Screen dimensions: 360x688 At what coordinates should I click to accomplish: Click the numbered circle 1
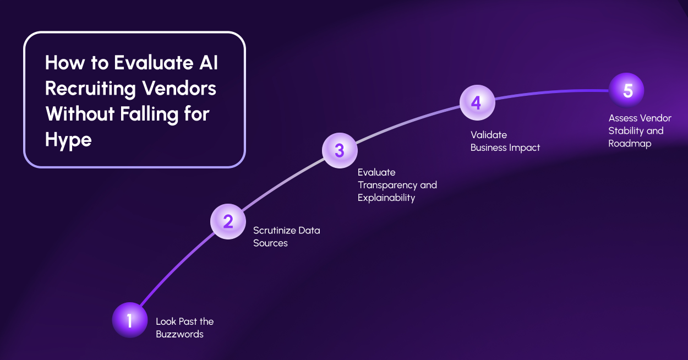(130, 320)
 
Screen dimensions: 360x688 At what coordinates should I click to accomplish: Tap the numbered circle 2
(228, 221)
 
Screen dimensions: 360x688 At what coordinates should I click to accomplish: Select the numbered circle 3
(340, 150)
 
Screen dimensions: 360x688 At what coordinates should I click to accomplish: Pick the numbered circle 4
(477, 103)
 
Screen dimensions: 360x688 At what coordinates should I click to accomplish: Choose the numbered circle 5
(626, 90)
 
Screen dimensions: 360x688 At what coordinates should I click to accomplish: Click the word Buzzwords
(179, 334)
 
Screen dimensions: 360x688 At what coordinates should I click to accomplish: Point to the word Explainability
(386, 198)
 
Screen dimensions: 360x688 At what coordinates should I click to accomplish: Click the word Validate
(489, 135)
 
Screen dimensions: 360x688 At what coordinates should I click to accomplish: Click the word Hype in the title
(68, 140)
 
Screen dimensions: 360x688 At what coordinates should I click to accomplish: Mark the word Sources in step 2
(270, 243)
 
